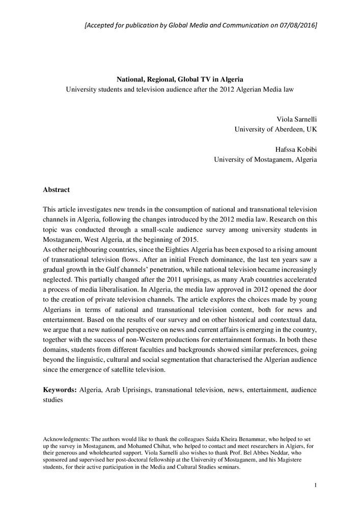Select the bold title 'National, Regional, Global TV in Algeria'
[180, 79]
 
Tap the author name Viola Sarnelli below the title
[296, 120]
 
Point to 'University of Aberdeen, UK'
[275, 129]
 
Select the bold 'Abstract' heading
[57, 190]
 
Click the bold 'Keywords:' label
[60, 390]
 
